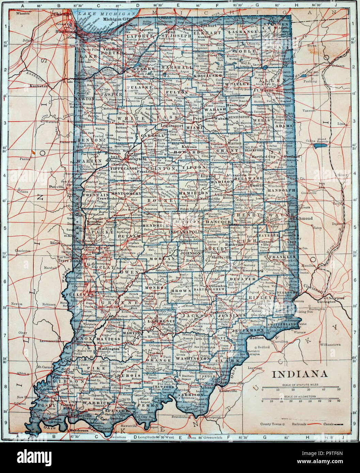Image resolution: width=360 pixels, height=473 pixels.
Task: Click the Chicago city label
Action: (61, 15)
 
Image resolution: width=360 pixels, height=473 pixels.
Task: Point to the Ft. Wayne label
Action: (266, 90)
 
